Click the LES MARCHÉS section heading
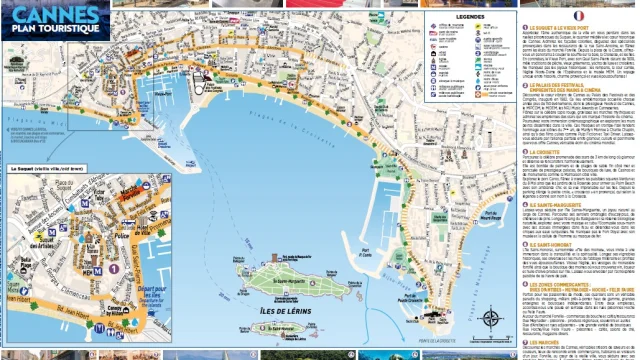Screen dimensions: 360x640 [549, 341]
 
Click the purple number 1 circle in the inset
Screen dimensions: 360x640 [113, 268]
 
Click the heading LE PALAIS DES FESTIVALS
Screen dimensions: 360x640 [565, 86]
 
